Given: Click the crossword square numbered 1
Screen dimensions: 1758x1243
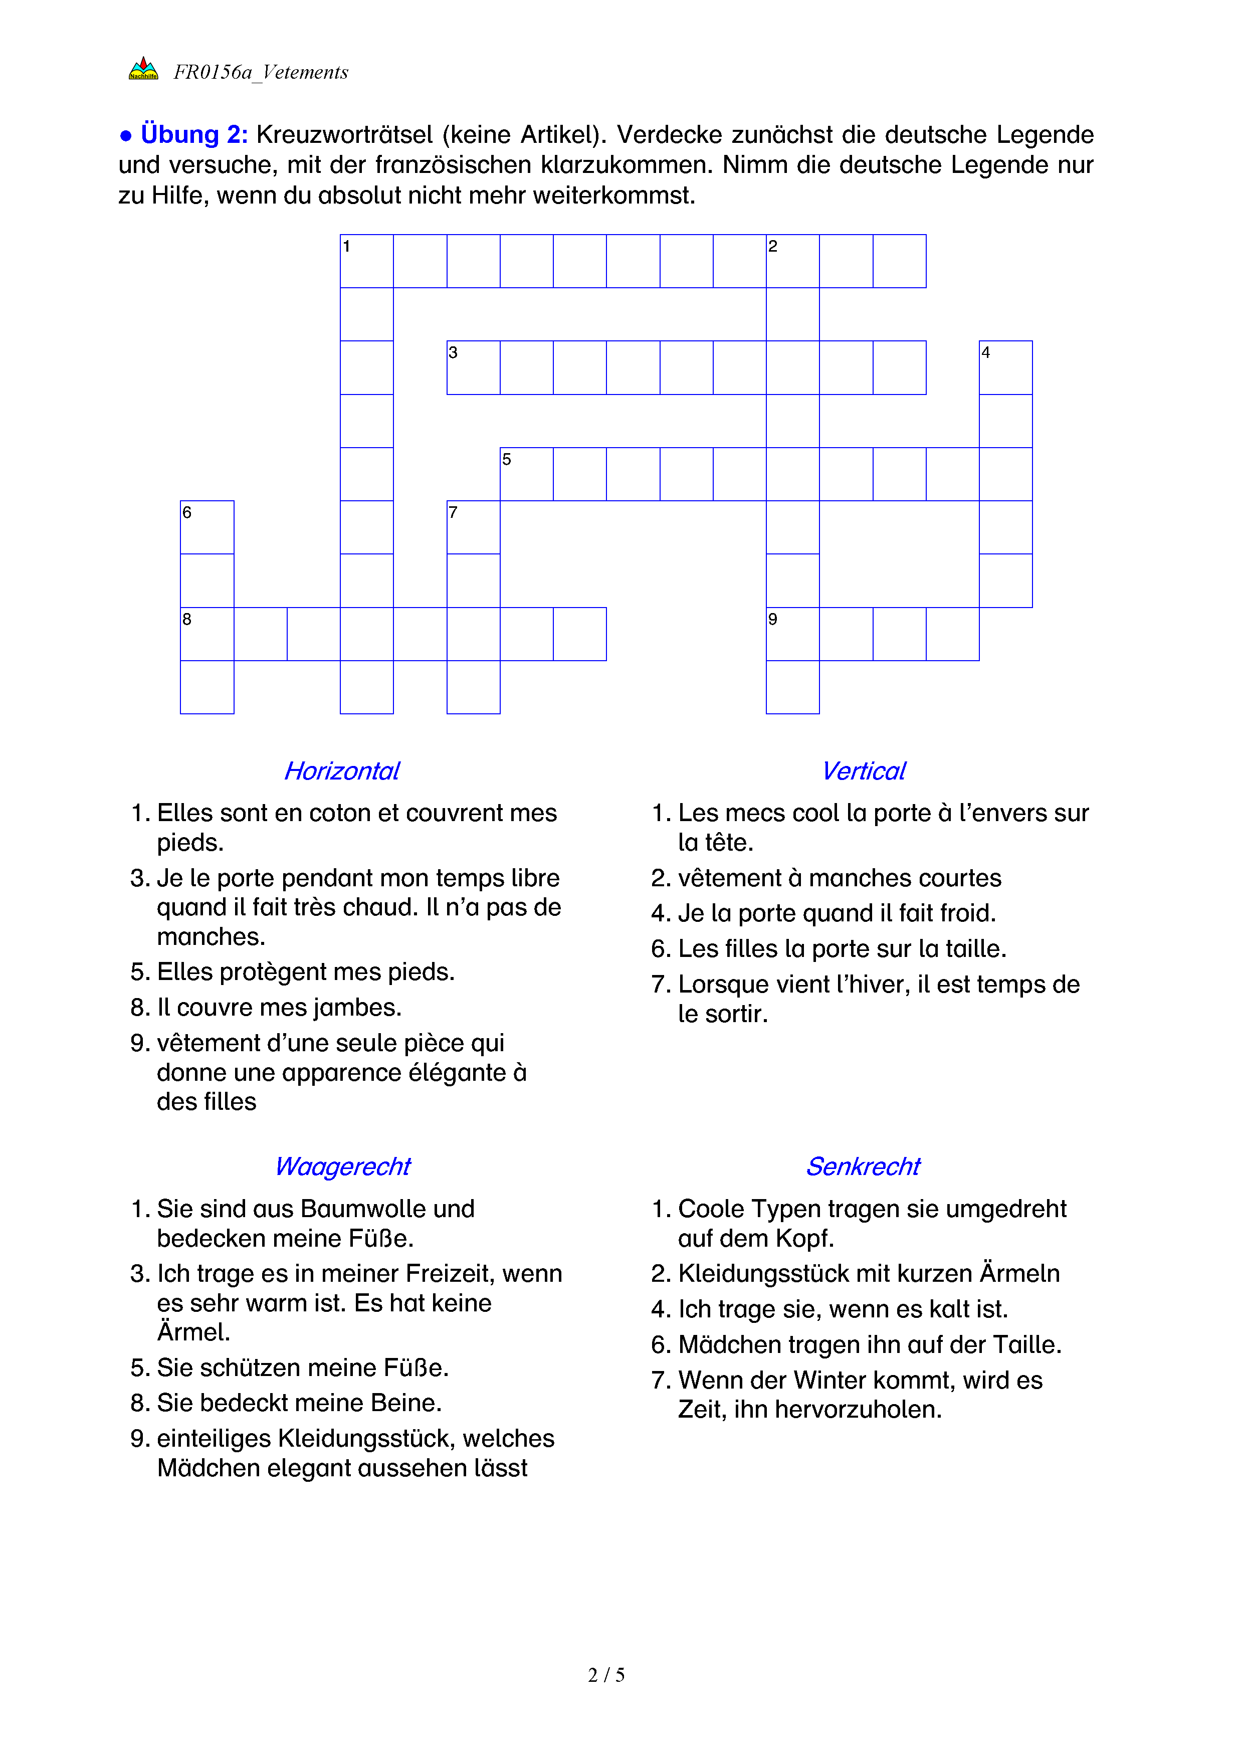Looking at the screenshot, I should point(366,261).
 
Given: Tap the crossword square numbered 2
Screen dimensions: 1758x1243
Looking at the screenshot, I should point(792,261).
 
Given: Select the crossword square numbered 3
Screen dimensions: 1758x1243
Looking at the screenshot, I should point(473,367).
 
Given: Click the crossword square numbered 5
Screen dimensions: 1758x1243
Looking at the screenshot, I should point(527,474).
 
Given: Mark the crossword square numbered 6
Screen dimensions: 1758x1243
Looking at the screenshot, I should point(206,527).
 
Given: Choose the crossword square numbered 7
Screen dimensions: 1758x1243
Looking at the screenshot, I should point(473,527).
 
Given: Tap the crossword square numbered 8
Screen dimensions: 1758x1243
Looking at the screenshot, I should point(206,633).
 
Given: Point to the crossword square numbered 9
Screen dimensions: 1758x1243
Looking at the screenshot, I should point(792,633).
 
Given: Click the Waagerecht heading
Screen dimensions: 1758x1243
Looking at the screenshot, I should point(342,1166).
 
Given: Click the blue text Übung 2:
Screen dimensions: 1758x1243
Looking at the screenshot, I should point(193,135).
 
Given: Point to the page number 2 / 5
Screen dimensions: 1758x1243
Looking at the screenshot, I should point(606,1675).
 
